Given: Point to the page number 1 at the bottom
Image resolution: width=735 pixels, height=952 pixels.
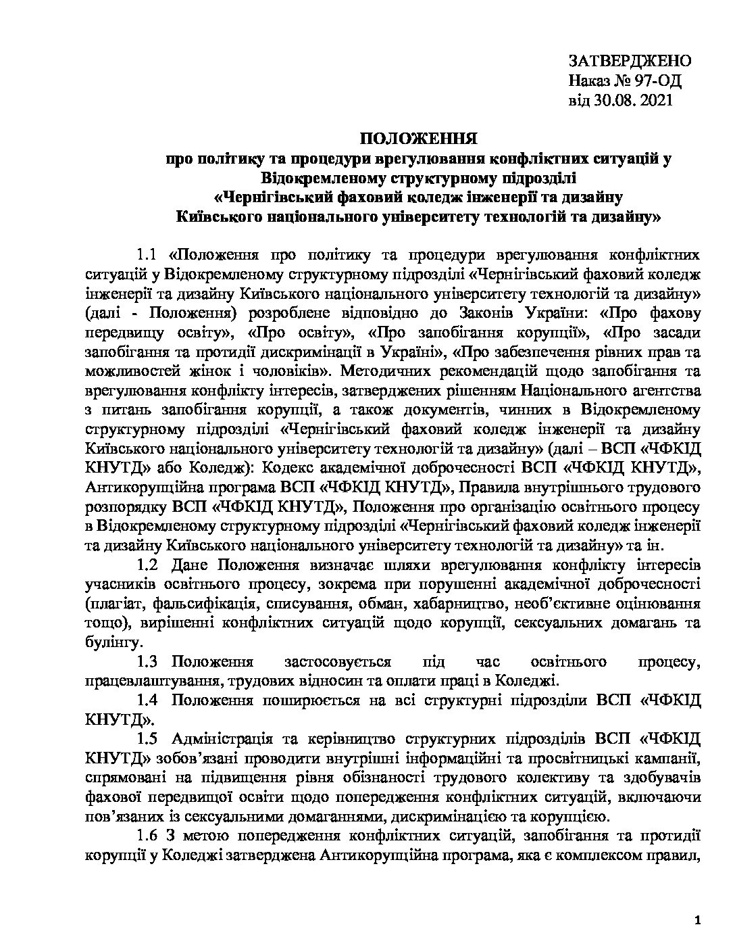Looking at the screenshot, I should [697, 903].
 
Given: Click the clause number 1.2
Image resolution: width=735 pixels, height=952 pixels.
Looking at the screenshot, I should [147, 564].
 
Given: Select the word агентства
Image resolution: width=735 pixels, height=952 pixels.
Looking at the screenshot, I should [662, 390].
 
